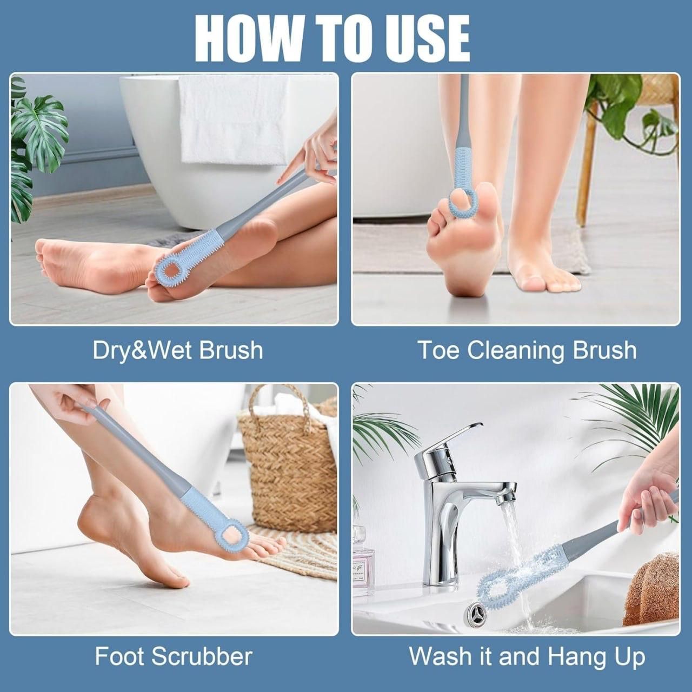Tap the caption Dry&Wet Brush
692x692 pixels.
[x=178, y=350]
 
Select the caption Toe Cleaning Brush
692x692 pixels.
[x=527, y=350]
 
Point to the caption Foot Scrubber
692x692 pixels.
[x=174, y=656]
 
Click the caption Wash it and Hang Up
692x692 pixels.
[x=527, y=656]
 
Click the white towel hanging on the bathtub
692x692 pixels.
[x=234, y=119]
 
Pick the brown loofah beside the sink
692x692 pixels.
[x=651, y=589]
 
